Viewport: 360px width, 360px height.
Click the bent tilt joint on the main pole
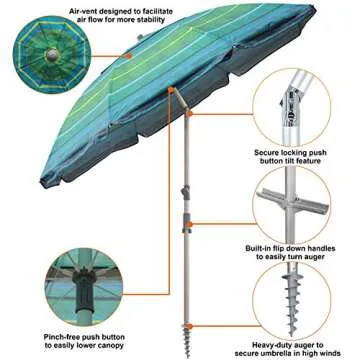[177, 100]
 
